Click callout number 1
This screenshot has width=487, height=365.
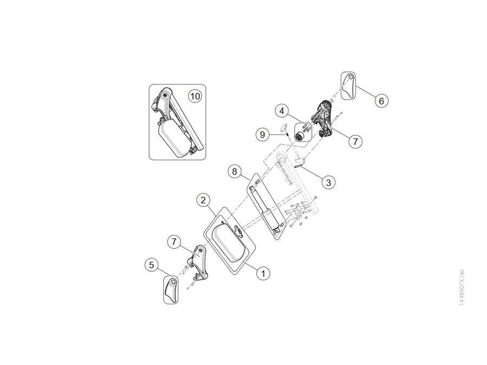pyautogui.click(x=263, y=274)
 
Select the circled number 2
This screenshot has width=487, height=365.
pyautogui.click(x=203, y=200)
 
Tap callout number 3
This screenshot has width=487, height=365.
pyautogui.click(x=328, y=182)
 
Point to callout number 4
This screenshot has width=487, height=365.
pyautogui.click(x=282, y=111)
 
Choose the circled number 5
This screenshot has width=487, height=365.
pyautogui.click(x=152, y=265)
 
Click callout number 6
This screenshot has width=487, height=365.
pyautogui.click(x=381, y=101)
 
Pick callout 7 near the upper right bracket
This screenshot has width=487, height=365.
pyautogui.click(x=356, y=142)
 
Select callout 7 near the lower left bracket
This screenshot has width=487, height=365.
pyautogui.click(x=174, y=242)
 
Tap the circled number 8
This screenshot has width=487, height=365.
pyautogui.click(x=234, y=171)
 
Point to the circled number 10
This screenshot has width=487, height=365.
pyautogui.click(x=195, y=96)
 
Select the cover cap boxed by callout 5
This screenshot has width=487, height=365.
pyautogui.click(x=170, y=290)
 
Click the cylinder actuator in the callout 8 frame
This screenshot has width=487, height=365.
pyautogui.click(x=266, y=208)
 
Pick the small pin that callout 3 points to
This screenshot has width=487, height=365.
pyautogui.click(x=298, y=167)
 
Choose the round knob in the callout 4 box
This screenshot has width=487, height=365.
pyautogui.click(x=300, y=136)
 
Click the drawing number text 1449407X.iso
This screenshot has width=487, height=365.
pyautogui.click(x=462, y=287)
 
